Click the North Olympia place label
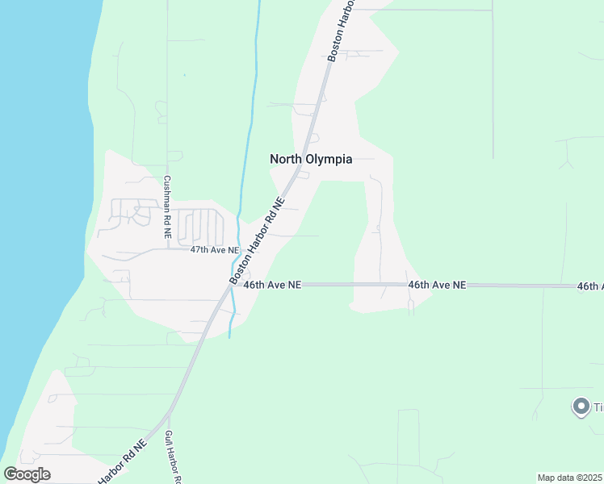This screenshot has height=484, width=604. point(311,159)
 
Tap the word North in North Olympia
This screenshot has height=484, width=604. point(287,159)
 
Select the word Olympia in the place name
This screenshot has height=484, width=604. point(329,159)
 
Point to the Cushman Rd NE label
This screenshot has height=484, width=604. point(167,207)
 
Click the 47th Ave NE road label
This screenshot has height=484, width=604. point(215,250)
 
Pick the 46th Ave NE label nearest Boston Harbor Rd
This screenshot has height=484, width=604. point(272,285)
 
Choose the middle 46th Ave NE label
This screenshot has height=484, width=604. point(437,285)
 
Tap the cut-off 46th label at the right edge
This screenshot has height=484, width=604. point(589,286)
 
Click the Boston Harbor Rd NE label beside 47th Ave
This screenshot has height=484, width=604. point(257,240)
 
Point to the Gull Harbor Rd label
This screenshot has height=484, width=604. point(171,458)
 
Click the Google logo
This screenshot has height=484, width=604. point(27,474)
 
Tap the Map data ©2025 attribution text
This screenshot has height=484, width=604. point(570,478)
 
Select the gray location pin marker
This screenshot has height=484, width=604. point(581,407)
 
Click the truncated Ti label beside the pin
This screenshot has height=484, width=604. point(598,407)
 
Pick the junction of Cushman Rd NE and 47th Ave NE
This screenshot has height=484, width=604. point(167,248)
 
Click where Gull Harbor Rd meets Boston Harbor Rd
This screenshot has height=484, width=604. point(168,415)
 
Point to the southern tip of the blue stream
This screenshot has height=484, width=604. point(230,337)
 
